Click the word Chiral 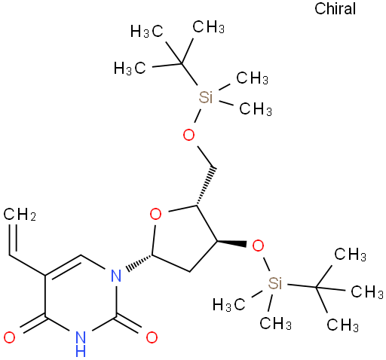click(335, 9)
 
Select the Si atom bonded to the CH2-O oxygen click(206, 97)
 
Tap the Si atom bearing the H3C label click(275, 283)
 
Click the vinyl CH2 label click(20, 215)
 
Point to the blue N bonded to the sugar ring click(116, 276)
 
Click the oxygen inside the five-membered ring click(155, 214)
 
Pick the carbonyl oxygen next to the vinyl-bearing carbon click(9, 337)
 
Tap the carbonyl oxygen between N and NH click(152, 337)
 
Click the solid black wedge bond click(231, 243)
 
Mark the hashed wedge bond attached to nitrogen click(139, 263)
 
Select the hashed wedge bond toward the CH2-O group click(205, 186)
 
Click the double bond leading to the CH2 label click(14, 239)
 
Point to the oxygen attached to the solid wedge click(258, 246)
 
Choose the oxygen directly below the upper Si click(188, 135)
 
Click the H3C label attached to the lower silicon click(228, 304)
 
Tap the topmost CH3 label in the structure click(208, 26)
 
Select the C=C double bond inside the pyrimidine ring click(64, 265)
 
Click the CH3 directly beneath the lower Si click(275, 323)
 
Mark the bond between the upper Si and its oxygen click(198, 116)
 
